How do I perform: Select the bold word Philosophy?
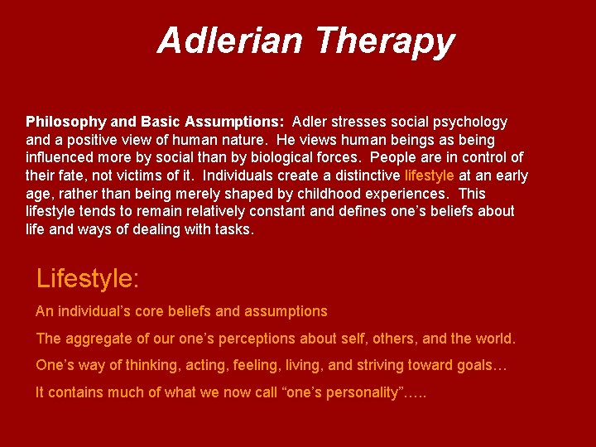click(62, 122)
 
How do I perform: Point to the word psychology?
click(470, 122)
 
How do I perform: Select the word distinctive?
click(361, 175)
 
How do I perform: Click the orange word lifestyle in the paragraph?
click(429, 175)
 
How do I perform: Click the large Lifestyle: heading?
click(88, 279)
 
